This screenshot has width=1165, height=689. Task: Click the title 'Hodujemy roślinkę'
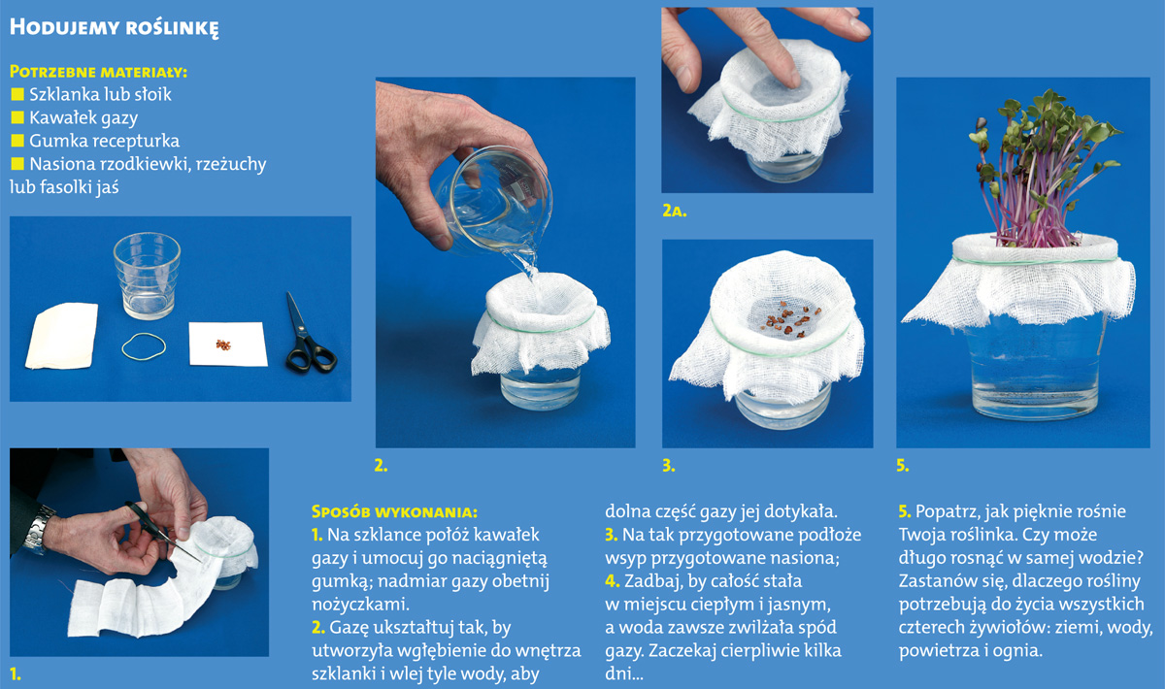pyautogui.click(x=114, y=27)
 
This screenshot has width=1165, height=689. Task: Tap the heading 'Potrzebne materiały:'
pyautogui.click(x=98, y=72)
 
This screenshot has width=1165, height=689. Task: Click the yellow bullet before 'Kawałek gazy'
pyautogui.click(x=17, y=117)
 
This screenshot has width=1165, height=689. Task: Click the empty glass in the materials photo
pyautogui.click(x=148, y=276)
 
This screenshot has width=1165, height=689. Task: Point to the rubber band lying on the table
pyautogui.click(x=144, y=346)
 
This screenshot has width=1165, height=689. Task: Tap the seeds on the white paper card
pyautogui.click(x=223, y=344)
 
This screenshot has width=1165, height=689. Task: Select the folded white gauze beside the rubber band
pyautogui.click(x=62, y=337)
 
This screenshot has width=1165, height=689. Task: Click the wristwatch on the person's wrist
pyautogui.click(x=40, y=529)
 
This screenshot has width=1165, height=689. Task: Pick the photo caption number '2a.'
pyautogui.click(x=674, y=212)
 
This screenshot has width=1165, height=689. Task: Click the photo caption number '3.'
pyautogui.click(x=668, y=466)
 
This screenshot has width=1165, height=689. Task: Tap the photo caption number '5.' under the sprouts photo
pyautogui.click(x=902, y=466)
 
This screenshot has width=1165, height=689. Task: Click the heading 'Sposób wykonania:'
pyautogui.click(x=394, y=512)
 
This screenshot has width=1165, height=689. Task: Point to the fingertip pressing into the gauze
pyautogui.click(x=791, y=79)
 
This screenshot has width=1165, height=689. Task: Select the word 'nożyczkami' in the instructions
pyautogui.click(x=359, y=605)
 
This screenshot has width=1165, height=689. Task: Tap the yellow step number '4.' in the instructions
pyautogui.click(x=613, y=581)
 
